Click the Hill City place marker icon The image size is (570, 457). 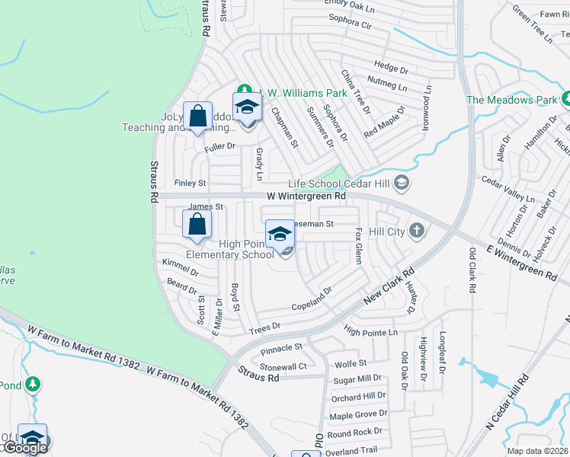pos(416,230)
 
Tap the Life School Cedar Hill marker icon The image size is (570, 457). pos(403,184)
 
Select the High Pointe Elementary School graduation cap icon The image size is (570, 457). pos(280,233)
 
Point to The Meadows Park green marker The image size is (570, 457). pos(566,100)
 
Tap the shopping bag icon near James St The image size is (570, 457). pos(197,224)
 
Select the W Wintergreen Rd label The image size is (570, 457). pos(306,197)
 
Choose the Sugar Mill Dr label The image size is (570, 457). pos(357,379)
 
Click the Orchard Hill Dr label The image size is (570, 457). pos(358,398)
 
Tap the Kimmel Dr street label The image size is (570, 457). pos(180,267)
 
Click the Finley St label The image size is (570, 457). pos(191,184)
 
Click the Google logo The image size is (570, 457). pos(24,448)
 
